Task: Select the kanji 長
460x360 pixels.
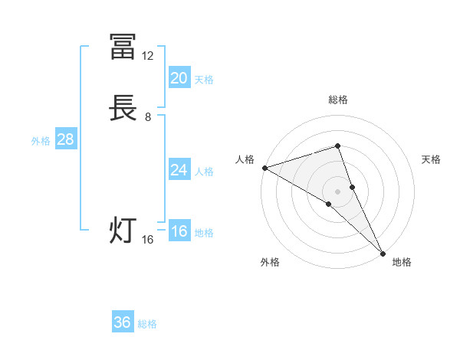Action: [123, 110]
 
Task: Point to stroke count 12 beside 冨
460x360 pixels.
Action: [147, 55]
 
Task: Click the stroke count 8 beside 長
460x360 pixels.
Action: [147, 117]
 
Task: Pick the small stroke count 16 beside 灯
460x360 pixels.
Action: [147, 240]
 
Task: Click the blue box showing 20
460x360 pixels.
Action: [179, 77]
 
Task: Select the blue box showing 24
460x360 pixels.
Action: [179, 170]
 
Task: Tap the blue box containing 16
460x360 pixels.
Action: [179, 232]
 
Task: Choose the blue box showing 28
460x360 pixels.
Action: [65, 139]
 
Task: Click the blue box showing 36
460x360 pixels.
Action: [123, 322]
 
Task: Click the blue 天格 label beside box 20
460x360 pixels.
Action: [204, 80]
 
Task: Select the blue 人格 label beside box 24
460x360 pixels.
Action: [204, 172]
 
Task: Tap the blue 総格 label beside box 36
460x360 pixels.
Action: [147, 324]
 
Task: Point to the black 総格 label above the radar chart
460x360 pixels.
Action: [337, 100]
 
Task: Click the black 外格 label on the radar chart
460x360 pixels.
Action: [270, 263]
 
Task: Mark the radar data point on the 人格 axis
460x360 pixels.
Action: [264, 167]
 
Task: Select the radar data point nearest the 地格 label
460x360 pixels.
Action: [383, 252]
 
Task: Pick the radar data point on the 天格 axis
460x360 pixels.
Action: [353, 186]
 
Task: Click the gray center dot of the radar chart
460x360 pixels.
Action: [337, 191]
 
